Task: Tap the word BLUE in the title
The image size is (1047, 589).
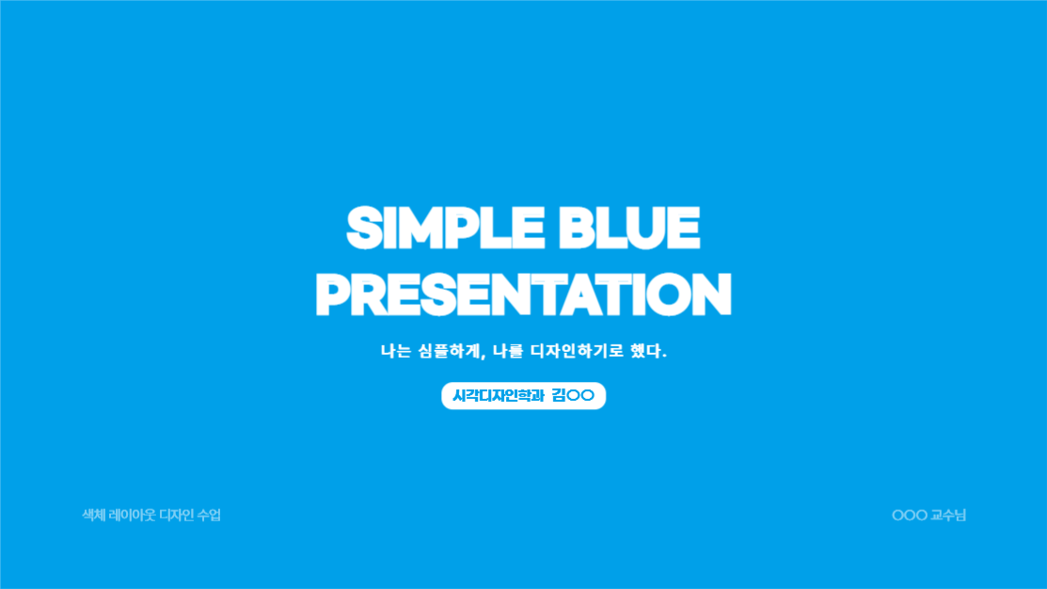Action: [x=629, y=228]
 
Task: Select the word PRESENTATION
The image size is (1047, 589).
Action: [x=523, y=294]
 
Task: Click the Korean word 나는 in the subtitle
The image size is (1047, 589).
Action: [x=395, y=351]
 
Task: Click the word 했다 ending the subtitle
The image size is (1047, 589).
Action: [x=645, y=351]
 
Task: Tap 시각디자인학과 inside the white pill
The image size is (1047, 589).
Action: [x=499, y=395]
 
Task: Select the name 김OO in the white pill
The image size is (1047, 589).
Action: [x=573, y=395]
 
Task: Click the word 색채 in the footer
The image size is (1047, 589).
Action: [x=93, y=515]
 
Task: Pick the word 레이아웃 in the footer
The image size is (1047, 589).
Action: [x=133, y=515]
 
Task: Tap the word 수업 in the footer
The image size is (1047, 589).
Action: [x=209, y=515]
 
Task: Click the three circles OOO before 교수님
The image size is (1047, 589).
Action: [x=910, y=516]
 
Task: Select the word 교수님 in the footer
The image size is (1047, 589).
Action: [x=949, y=515]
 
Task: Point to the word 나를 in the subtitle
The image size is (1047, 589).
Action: [x=507, y=351]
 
